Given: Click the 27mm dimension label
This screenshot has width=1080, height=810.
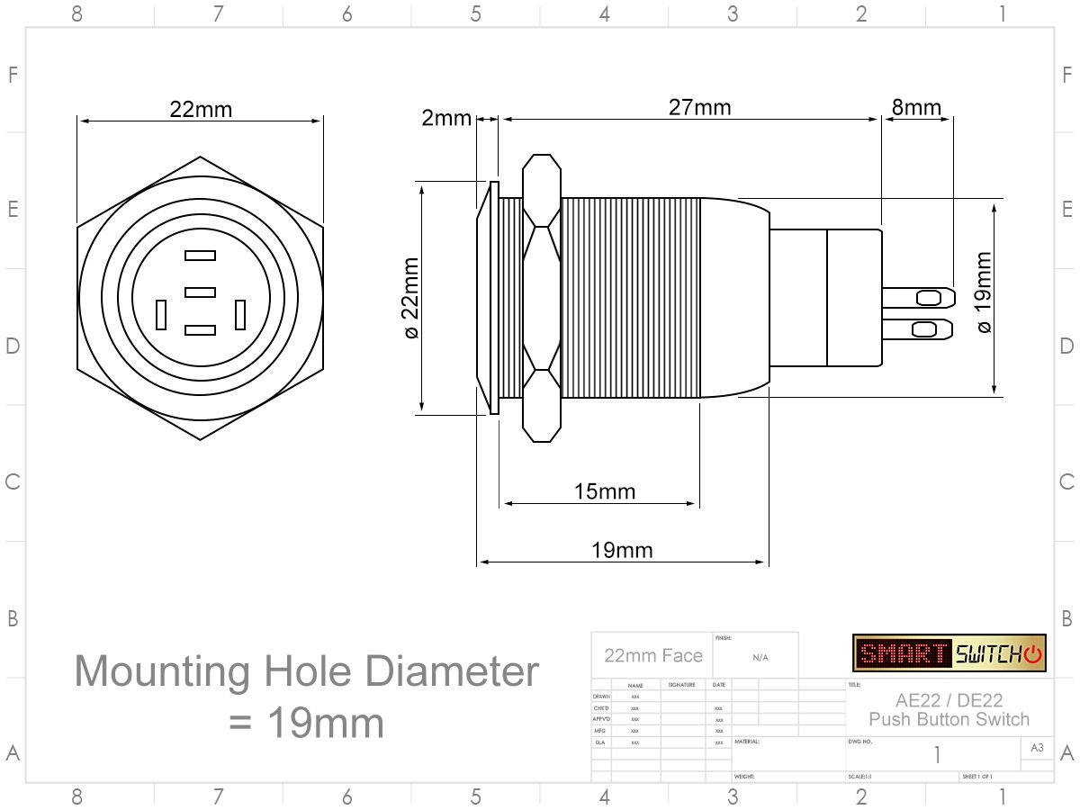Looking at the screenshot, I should pos(699,107).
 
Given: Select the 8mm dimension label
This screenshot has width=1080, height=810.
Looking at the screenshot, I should pos(916,107).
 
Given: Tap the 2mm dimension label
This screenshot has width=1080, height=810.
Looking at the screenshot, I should pos(446,118).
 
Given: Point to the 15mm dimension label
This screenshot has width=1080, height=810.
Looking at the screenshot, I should pos(605,491).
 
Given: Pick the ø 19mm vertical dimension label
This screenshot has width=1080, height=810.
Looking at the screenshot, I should pos(983,292).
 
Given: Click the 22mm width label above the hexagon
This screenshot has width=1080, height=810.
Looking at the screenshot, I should pos(201,109).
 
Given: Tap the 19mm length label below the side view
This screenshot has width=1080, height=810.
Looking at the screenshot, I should pos(622,550).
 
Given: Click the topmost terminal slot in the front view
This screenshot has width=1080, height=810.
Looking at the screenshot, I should pos(200,256).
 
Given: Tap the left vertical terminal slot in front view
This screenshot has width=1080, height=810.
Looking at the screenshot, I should pos(161,315).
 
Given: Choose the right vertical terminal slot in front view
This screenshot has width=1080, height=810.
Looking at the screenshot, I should pos(240,315).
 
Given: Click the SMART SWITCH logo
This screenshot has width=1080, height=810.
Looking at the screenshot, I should pos(949,652).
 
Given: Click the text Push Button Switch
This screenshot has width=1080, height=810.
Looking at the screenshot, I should pos(949,719).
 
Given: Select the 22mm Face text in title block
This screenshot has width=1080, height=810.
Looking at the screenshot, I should pos(653,655).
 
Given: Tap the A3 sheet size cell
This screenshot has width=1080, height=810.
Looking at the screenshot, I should pos(1037,747).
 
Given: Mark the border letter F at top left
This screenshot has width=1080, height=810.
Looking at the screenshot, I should pos(13,75).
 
